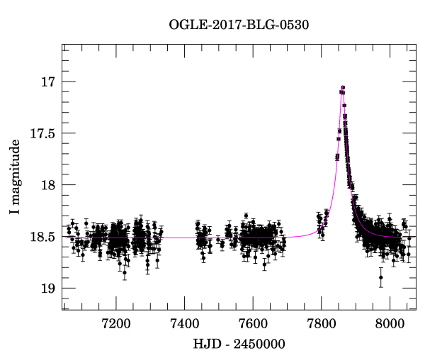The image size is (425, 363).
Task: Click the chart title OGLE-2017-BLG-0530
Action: (x=239, y=24)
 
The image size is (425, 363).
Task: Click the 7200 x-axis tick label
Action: (x=116, y=325)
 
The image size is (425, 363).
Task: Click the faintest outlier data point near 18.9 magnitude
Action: (x=381, y=277)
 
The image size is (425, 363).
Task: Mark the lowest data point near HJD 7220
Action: (x=125, y=272)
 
